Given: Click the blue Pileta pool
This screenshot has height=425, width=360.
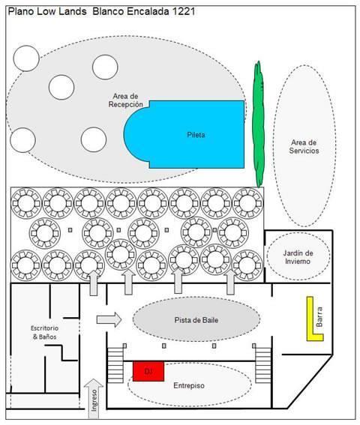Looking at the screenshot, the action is (x=190, y=134).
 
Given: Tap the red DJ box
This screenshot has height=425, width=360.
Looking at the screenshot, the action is (x=148, y=371).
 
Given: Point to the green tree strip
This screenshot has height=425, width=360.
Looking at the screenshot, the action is (x=258, y=124).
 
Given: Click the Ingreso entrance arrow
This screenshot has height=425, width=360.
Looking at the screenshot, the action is (x=94, y=399).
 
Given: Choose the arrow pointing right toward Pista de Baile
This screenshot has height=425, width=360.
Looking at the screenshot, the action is (x=109, y=320).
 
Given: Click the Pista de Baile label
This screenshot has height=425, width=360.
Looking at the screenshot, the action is (x=196, y=320).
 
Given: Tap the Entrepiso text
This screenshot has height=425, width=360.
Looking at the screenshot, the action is (x=189, y=385).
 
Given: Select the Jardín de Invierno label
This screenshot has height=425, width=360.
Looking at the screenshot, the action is (x=298, y=257).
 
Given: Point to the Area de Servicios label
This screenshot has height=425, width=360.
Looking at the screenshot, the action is (x=304, y=147).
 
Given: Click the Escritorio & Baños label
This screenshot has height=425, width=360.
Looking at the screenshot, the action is (x=44, y=333).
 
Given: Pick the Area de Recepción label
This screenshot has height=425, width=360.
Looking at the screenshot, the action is (x=125, y=100).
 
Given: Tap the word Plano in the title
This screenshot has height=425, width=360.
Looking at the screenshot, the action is (x=21, y=11).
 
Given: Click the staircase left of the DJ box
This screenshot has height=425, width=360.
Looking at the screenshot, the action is (x=115, y=365).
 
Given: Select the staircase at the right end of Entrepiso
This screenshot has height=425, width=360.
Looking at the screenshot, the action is (x=263, y=365).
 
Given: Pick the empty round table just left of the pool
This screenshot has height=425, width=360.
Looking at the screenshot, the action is (x=94, y=139).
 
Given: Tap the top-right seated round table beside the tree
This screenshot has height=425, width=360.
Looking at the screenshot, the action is (x=247, y=203).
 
